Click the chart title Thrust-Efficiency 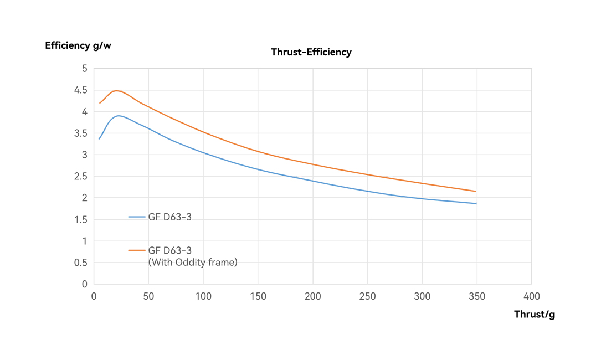point(311,52)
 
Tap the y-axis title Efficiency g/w point(78,45)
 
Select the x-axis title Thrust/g point(534,315)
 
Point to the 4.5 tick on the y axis point(81,90)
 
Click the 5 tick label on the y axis point(84,69)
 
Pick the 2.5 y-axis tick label point(81,177)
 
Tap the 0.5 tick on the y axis point(81,263)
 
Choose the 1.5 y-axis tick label point(81,220)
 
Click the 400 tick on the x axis point(532,296)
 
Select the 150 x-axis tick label point(258,296)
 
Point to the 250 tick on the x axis point(367,296)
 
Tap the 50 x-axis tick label point(148,296)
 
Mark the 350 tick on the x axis point(477,296)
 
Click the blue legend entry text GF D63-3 point(169,217)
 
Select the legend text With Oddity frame point(192,263)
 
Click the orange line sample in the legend point(137,250)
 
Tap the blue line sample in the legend point(137,217)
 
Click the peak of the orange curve point(116,90)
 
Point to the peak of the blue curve point(118,116)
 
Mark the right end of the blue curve point(476,203)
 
